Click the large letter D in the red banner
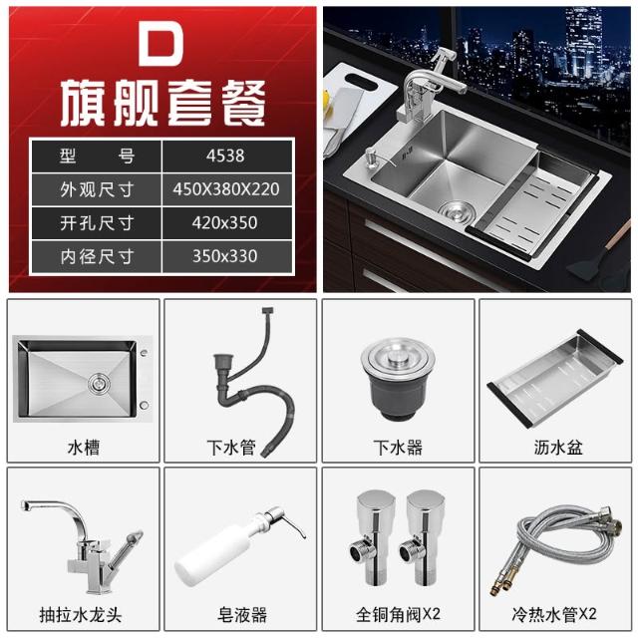point(160,44)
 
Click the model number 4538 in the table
point(225,156)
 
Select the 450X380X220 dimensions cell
point(226,189)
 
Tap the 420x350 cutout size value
point(225,222)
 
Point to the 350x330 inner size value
point(225,256)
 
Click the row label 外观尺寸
point(97,189)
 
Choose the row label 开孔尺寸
point(97,223)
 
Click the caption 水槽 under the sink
point(84,448)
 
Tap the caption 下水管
point(231,448)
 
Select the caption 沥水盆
point(558,448)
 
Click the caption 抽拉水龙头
point(81,614)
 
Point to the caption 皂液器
point(242,614)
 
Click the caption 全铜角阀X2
point(398,614)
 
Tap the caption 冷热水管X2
point(554,614)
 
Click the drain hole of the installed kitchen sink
point(456,209)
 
